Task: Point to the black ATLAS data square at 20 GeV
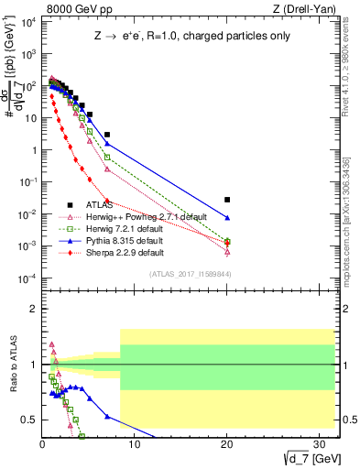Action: click(227, 200)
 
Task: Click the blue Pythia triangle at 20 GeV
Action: click(227, 218)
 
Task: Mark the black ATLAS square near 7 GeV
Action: click(107, 135)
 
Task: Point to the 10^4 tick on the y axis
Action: click(28, 22)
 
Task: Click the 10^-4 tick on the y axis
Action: click(27, 278)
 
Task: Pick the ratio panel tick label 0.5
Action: click(28, 420)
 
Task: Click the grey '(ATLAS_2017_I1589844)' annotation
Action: click(190, 274)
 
